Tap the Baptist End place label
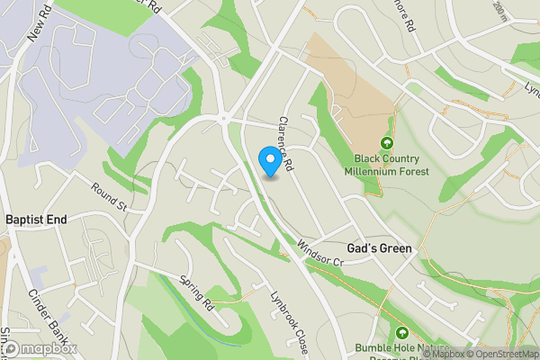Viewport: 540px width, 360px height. point(36,220)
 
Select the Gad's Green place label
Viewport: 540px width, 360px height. point(379,248)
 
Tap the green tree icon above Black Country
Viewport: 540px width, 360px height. point(387,143)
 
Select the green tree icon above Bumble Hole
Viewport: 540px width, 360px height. point(403,332)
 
